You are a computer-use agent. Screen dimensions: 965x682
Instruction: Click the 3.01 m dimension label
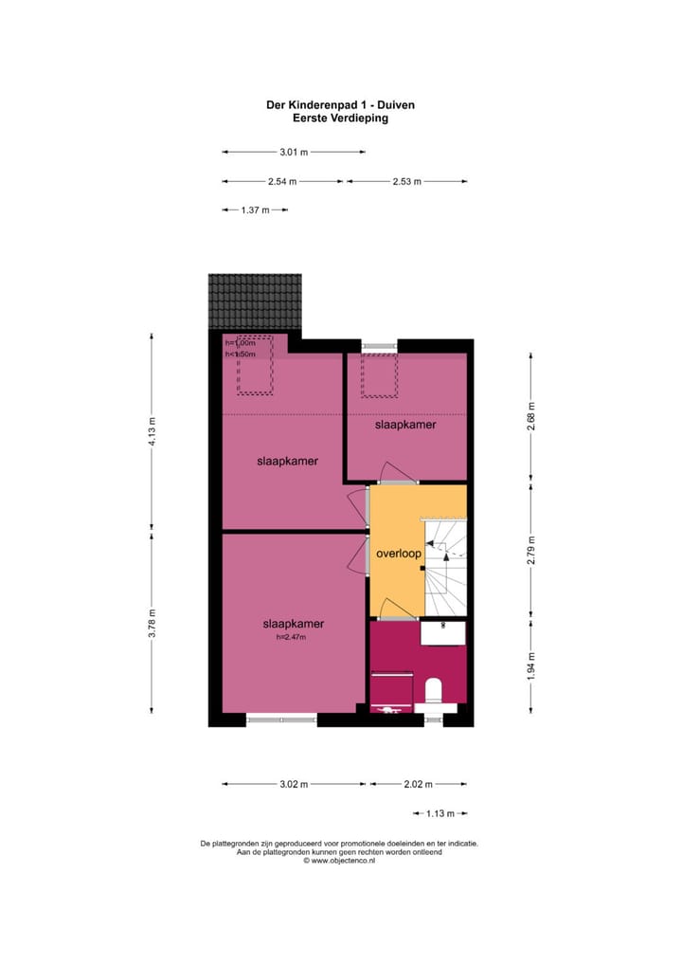tap(294, 152)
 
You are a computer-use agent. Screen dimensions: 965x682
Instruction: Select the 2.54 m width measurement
tap(282, 181)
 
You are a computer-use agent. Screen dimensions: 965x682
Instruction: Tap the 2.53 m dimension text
tap(406, 181)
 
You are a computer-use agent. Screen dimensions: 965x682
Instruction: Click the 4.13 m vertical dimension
tap(151, 431)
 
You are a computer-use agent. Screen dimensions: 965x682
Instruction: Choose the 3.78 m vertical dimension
tap(151, 623)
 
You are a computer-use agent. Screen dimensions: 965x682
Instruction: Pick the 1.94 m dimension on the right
tap(530, 666)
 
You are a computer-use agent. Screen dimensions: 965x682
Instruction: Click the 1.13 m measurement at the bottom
tap(440, 813)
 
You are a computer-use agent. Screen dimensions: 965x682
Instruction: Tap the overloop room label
tap(398, 553)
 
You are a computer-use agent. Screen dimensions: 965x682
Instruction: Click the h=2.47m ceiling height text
tap(292, 637)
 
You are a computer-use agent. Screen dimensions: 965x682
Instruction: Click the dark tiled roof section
tap(255, 300)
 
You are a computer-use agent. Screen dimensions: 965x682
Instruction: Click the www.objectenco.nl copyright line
tap(339, 861)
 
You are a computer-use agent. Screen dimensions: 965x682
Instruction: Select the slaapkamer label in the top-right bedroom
tap(405, 426)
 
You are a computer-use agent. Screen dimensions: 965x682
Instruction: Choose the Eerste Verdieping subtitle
tap(340, 119)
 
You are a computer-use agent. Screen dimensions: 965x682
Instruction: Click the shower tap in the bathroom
tap(388, 709)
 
